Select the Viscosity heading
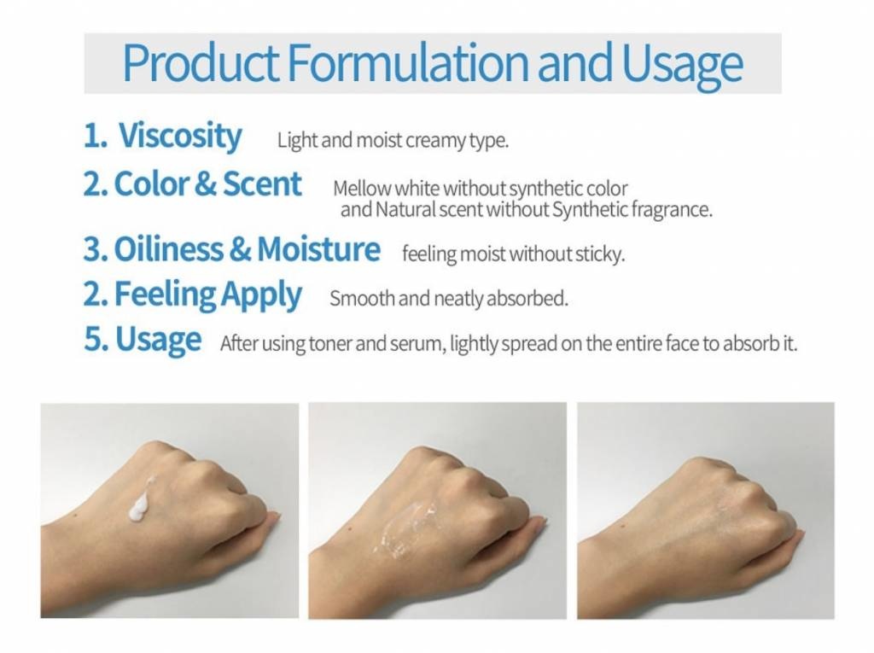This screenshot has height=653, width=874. click(180, 136)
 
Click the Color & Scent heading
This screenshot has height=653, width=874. click(207, 184)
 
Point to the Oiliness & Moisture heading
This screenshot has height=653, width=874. click(247, 248)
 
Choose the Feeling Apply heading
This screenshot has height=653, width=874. click(208, 294)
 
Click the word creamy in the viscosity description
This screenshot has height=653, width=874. click(435, 141)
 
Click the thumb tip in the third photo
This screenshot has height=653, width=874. click(801, 534)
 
